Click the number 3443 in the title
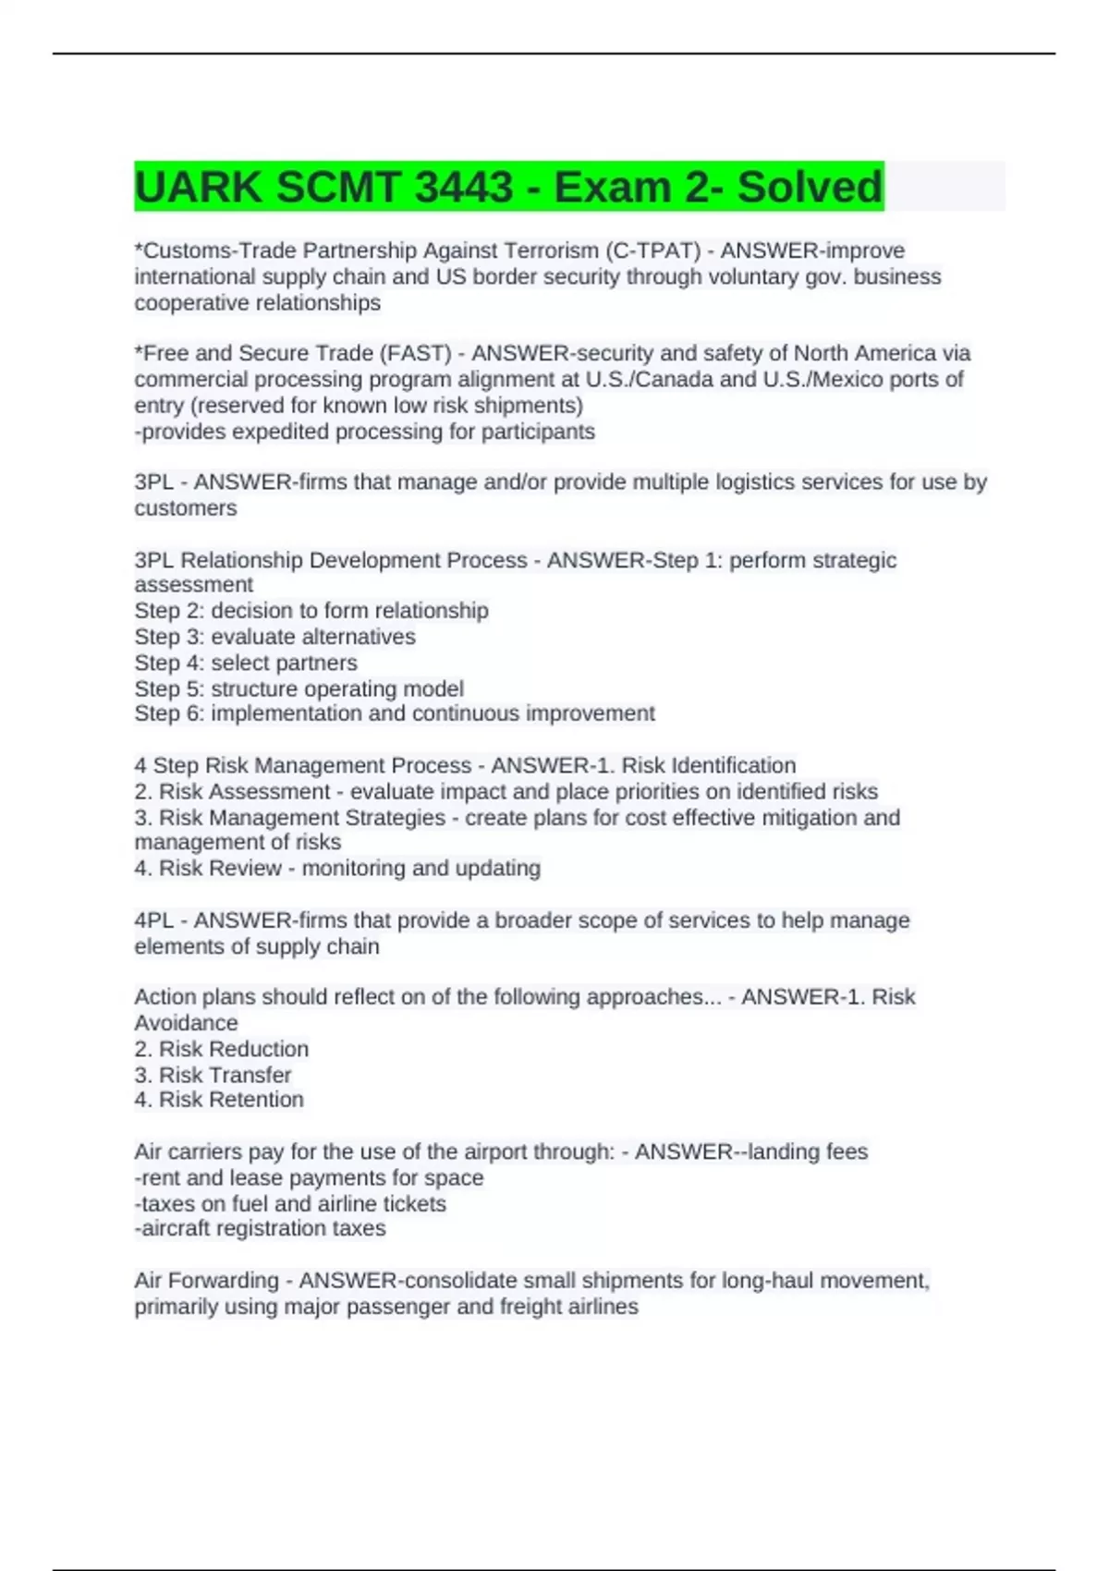[x=464, y=188]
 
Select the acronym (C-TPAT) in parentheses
[x=652, y=250]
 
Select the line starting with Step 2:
[x=311, y=611]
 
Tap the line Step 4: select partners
[x=246, y=663]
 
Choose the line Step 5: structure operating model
[x=299, y=688]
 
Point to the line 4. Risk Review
[x=337, y=868]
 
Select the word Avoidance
[x=186, y=1023]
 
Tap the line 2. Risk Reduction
[x=222, y=1049]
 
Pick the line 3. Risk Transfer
[x=213, y=1075]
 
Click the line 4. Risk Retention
[x=219, y=1100]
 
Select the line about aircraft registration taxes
[x=260, y=1228]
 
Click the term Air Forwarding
[x=206, y=1281]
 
